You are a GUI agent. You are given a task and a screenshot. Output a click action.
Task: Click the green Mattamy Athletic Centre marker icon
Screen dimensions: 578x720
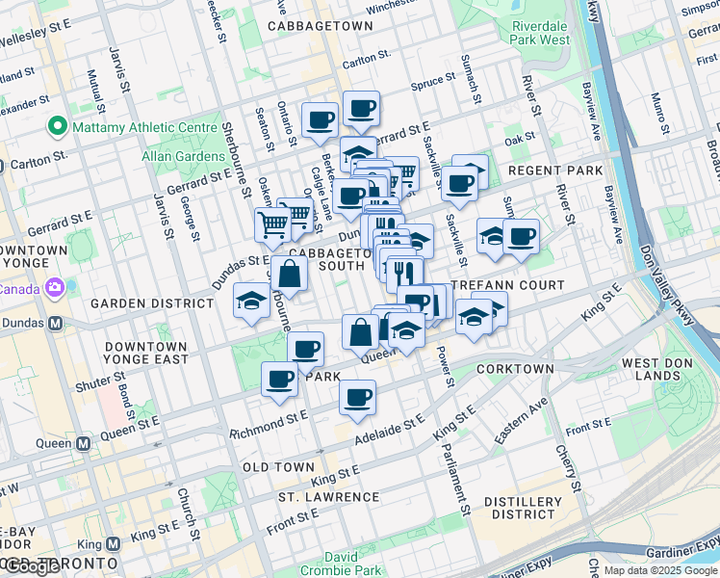point(57,127)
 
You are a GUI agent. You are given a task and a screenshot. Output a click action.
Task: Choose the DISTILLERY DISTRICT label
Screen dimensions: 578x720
point(523,510)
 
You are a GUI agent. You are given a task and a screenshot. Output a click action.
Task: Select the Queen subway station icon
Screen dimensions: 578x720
point(84,444)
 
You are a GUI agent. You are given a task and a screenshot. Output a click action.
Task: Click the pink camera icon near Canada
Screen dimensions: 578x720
point(54,286)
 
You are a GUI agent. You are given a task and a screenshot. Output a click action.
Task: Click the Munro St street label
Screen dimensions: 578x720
point(660,113)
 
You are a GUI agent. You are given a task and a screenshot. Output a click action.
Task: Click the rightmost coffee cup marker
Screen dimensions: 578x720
point(521,236)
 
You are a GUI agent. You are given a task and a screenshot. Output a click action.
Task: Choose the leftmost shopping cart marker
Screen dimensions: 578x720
point(273,225)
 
